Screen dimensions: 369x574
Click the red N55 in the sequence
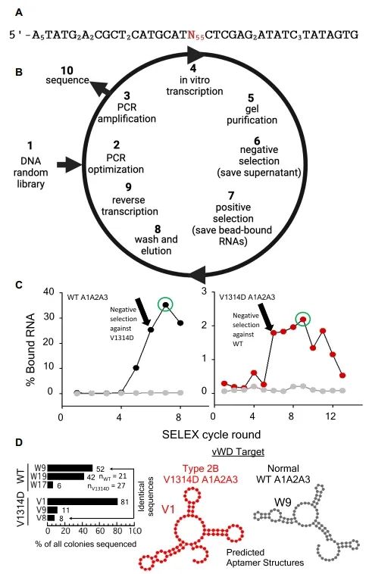coord(195,35)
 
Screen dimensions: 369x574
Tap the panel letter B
coord(19,72)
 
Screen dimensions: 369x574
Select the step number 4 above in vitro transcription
coord(193,67)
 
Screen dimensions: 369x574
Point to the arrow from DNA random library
coord(69,165)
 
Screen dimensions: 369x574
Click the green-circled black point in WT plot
coord(166,305)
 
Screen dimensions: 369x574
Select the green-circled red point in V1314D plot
coord(302,320)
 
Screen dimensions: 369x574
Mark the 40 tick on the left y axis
coord(49,292)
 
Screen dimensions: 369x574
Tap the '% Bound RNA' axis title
coord(31,350)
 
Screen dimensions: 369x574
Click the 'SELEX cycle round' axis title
coord(211,435)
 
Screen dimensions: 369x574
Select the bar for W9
coord(70,468)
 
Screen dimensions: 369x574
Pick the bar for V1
coord(83,502)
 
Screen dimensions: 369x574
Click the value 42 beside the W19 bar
coord(90,477)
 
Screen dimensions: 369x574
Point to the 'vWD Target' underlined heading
coord(238,452)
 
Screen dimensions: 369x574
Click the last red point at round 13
coord(342,376)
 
